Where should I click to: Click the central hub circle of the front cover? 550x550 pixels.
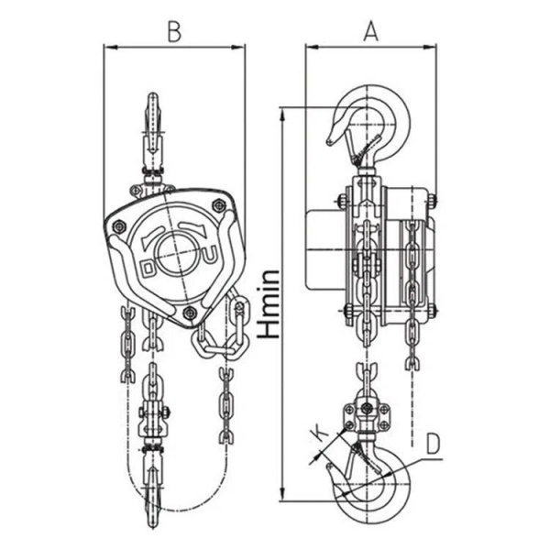(x=174, y=254)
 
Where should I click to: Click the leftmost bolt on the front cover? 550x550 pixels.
(x=119, y=225)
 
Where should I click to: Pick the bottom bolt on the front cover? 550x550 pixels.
(x=190, y=313)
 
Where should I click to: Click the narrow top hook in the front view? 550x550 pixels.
(x=152, y=119)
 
